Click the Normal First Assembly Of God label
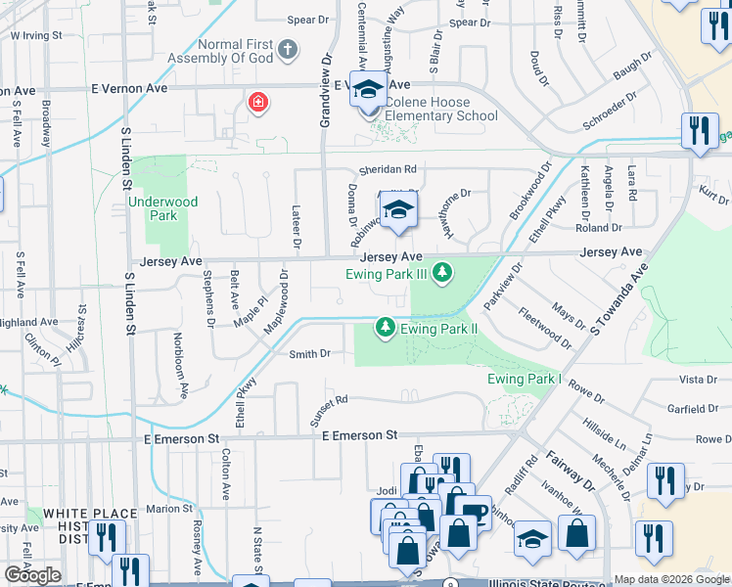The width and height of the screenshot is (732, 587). (234, 55)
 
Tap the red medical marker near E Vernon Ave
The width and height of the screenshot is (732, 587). (258, 102)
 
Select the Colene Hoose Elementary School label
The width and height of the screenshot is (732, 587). (440, 109)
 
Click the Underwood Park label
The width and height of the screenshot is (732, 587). (162, 208)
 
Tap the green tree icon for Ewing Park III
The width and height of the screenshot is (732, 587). (443, 271)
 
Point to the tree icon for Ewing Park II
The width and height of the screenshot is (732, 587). (386, 327)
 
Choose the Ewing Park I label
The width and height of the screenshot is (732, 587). (524, 379)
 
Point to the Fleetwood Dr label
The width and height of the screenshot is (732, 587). (546, 329)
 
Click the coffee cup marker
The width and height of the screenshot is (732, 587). (473, 512)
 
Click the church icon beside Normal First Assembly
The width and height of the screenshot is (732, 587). (287, 48)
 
